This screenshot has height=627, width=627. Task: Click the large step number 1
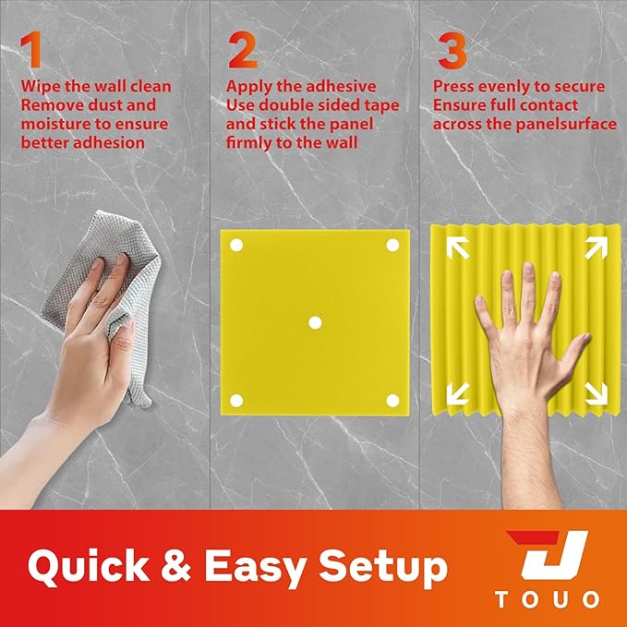point(32,52)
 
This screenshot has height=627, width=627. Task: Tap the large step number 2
point(242,52)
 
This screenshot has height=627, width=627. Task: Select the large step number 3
point(452,52)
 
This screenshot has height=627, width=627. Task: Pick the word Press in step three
point(454,88)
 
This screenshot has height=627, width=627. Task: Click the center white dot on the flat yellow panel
point(314,322)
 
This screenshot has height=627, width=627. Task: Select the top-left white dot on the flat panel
point(235,246)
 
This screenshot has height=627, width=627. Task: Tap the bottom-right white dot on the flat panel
point(392,400)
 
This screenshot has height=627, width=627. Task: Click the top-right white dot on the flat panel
point(392,246)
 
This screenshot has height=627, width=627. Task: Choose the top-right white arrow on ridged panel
point(595,247)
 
